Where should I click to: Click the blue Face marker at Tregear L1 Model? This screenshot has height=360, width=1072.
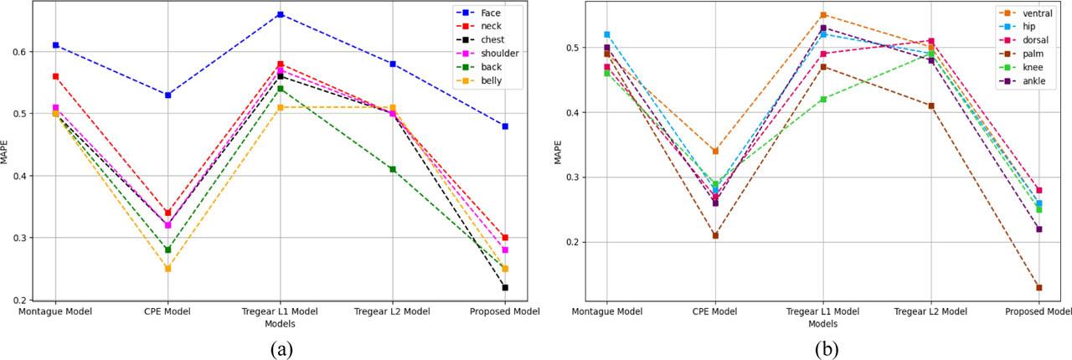point(280,14)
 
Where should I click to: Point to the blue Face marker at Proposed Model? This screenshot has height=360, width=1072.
point(505,126)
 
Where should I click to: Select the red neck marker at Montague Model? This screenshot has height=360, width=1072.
point(55,76)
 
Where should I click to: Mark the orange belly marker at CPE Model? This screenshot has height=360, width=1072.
point(167,269)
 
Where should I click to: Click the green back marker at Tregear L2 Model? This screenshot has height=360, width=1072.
point(393,169)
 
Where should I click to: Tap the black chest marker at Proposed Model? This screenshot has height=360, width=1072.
point(505,288)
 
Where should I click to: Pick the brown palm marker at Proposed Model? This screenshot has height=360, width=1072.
point(1038,288)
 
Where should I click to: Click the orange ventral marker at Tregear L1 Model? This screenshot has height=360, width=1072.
point(823,15)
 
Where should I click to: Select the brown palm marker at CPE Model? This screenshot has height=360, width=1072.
point(715,235)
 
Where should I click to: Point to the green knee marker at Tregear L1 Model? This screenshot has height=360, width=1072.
point(823,100)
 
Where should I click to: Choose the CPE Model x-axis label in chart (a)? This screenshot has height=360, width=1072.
point(167,311)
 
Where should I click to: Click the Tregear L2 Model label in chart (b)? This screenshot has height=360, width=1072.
point(930,311)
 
